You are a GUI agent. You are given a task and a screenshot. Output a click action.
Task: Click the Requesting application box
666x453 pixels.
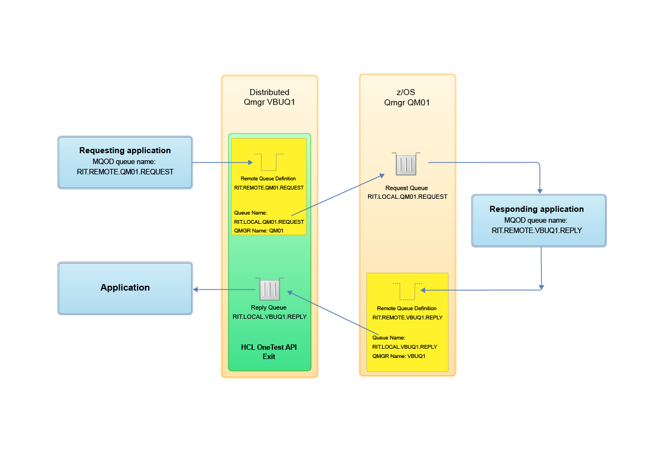pos(125,162)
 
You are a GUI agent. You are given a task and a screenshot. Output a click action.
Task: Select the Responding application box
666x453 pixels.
pos(539,221)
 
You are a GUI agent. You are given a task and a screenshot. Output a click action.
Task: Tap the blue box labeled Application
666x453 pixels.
pos(125,288)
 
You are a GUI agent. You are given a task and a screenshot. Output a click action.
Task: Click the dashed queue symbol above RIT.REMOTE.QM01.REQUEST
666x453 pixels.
pos(269,162)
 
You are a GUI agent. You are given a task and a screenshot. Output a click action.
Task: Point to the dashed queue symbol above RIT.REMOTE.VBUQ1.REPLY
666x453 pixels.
pos(407,291)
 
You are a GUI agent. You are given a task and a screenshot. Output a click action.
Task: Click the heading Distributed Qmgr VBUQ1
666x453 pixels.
pos(269,97)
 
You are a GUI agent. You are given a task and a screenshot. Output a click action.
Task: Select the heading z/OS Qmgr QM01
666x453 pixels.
pos(407,97)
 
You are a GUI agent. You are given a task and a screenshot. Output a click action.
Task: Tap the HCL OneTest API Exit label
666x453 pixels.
pos(269,352)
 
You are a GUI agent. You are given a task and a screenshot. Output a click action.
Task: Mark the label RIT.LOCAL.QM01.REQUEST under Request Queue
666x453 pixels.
pos(407,197)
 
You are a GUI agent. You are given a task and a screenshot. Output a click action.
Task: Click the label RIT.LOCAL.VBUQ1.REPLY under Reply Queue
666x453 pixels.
pos(269,317)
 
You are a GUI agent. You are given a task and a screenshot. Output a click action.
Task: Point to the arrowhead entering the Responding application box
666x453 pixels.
pos(540,191)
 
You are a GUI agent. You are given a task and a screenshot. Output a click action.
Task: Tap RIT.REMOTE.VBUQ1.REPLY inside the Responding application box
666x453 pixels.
pos(537,230)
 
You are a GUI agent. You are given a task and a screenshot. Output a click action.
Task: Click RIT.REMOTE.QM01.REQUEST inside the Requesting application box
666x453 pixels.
pos(125,172)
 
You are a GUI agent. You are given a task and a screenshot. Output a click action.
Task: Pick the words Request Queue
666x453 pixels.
pos(407,188)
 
